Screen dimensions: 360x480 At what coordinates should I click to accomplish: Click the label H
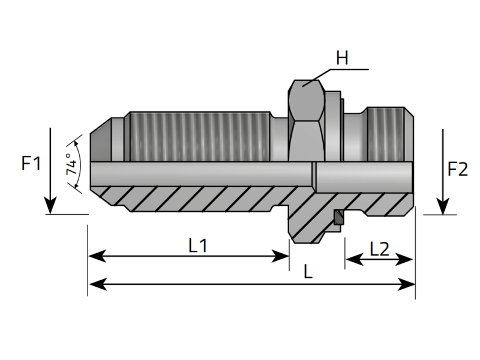342,58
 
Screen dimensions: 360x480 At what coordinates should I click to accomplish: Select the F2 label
457,170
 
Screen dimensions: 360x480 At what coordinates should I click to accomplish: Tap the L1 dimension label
198,245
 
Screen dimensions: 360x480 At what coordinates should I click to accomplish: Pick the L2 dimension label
379,249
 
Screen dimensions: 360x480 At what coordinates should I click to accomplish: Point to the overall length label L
308,272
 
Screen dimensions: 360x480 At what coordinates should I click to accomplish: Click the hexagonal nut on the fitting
307,120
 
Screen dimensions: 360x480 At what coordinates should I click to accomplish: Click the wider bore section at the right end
363,175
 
